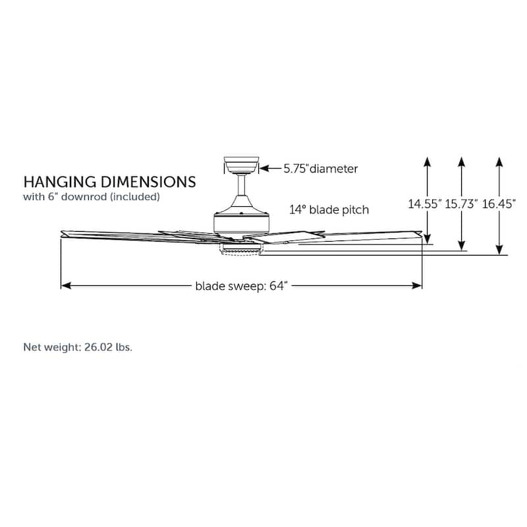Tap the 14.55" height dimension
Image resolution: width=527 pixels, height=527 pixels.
(x=424, y=204)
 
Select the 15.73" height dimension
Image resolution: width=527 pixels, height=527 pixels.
(x=461, y=204)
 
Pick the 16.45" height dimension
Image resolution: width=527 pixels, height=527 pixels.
(x=499, y=204)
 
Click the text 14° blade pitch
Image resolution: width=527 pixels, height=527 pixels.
(x=329, y=210)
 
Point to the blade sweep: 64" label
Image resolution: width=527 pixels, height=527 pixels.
(x=242, y=286)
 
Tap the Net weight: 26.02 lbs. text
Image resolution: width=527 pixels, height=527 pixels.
(x=78, y=347)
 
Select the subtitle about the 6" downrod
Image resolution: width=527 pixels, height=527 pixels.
(x=92, y=196)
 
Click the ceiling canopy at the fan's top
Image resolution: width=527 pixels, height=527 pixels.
(x=241, y=165)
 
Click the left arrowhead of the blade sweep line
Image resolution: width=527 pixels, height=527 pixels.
(x=64, y=286)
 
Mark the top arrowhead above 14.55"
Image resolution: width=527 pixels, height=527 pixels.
(x=428, y=160)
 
